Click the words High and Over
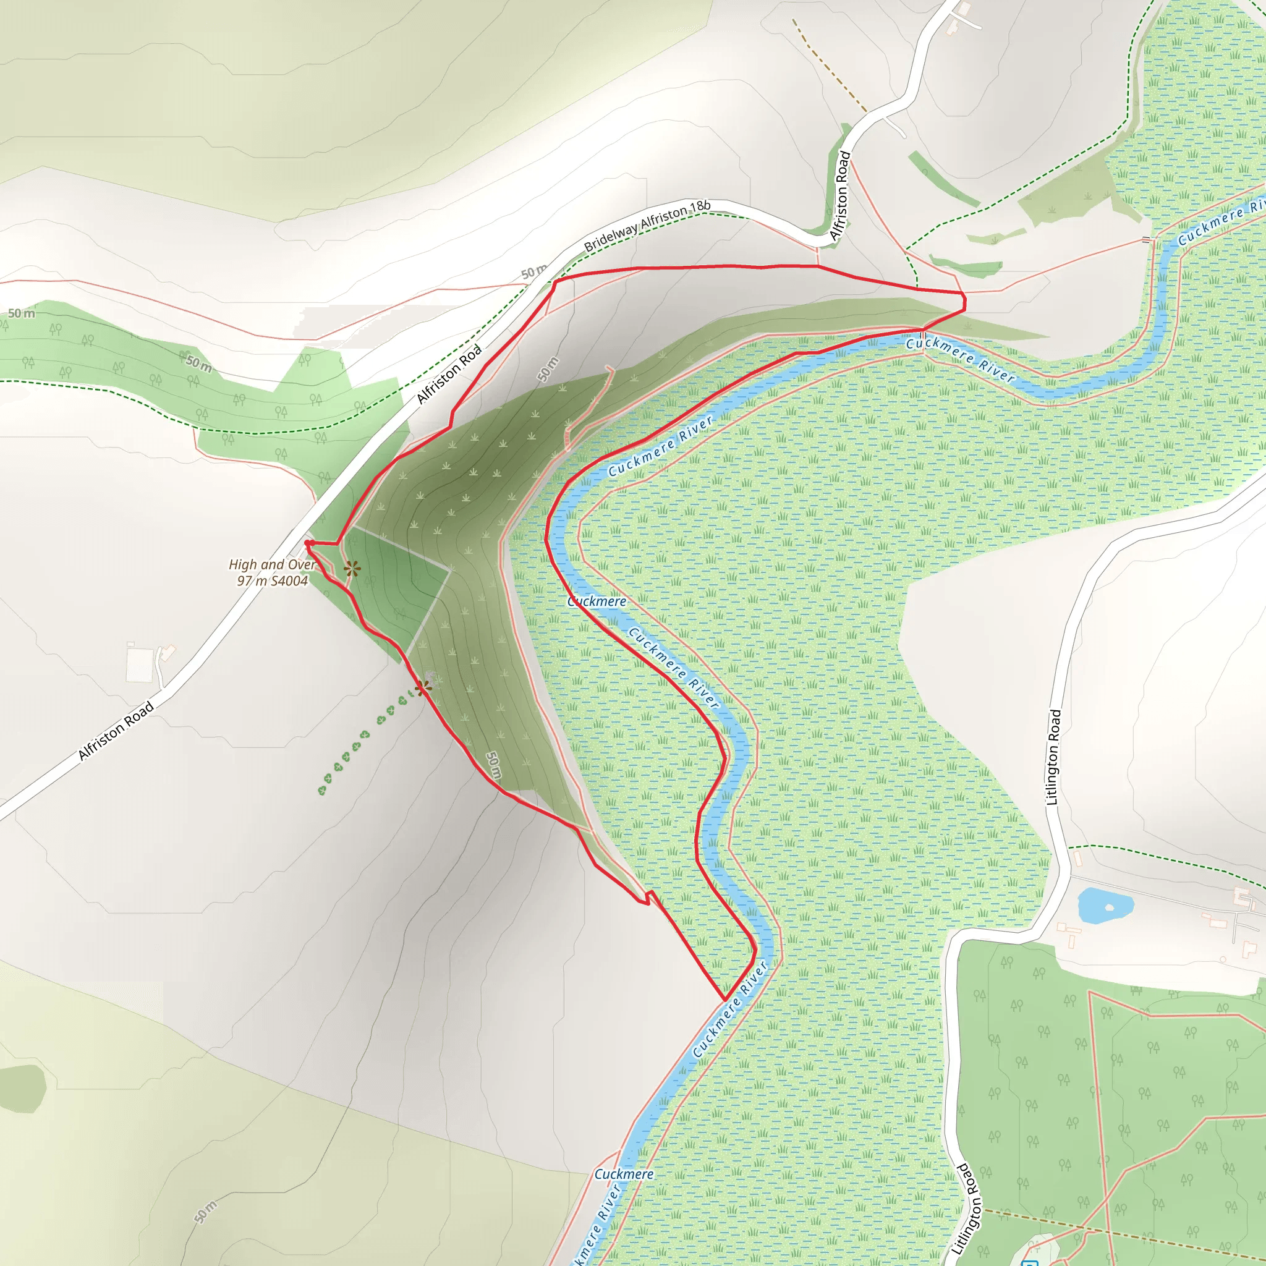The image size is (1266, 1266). (x=272, y=564)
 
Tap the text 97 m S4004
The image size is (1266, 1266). (x=272, y=580)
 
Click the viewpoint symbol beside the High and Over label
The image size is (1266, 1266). (x=352, y=569)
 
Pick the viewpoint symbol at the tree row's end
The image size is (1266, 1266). (x=423, y=687)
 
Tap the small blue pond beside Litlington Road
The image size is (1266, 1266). (x=1105, y=906)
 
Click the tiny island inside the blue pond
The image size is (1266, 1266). (x=1110, y=907)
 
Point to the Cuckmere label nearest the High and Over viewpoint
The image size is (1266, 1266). (x=597, y=601)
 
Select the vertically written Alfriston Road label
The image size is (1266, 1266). (x=840, y=195)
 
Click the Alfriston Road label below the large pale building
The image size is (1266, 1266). (x=116, y=731)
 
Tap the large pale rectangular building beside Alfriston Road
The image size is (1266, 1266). (x=139, y=666)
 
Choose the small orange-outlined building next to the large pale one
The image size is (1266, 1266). (x=168, y=653)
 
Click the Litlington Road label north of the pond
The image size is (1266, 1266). (x=1053, y=757)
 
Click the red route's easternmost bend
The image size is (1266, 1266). (x=964, y=302)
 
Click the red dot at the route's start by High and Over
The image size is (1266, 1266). (x=307, y=543)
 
